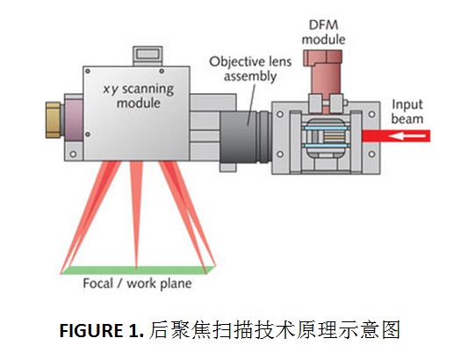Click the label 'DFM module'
(323, 32)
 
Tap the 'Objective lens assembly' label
(250, 69)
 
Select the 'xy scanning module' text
(138, 96)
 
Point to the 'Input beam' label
(407, 112)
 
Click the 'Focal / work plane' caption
(137, 284)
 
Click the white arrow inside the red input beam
(407, 136)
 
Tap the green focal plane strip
(138, 270)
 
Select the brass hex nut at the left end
(54, 120)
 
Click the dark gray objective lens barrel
(239, 137)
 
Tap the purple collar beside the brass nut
(74, 120)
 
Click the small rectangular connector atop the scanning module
(148, 56)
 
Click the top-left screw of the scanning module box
(88, 71)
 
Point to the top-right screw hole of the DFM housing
(372, 114)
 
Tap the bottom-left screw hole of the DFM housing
(280, 154)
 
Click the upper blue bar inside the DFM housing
(325, 128)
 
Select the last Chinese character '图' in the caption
(391, 330)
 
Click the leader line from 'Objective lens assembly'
(252, 104)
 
